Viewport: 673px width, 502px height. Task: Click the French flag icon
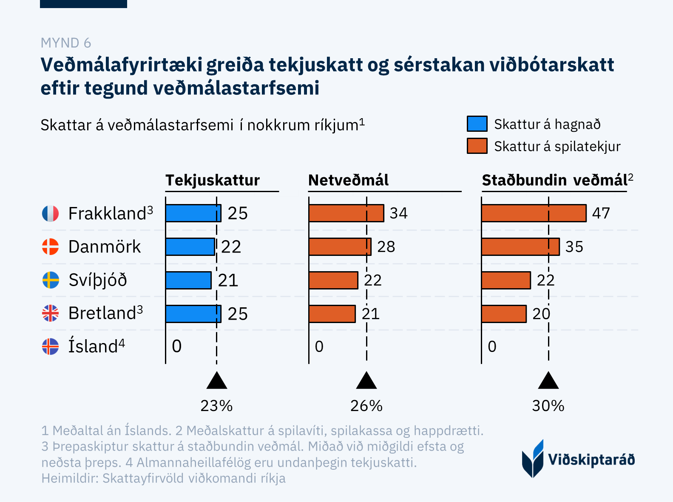coord(50,213)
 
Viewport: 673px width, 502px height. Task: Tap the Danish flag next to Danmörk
coord(50,247)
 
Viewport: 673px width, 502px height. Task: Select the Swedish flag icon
coord(51,280)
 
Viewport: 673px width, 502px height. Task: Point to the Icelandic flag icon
coord(50,346)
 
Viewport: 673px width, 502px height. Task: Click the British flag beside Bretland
coord(50,313)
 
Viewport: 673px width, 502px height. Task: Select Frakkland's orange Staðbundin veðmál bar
coord(534,213)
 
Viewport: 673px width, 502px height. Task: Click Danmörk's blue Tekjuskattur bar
coord(190,247)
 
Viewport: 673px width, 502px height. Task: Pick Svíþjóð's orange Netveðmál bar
coord(333,280)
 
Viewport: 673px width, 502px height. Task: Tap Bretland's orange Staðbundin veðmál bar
coord(504,314)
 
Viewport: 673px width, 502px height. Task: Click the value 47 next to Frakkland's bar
coord(601,213)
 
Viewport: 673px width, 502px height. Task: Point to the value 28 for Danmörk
coord(386,247)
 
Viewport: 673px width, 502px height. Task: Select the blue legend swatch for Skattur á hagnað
coord(477,124)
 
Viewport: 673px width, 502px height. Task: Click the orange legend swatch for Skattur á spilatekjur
coord(477,146)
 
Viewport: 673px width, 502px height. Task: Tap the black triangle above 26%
coord(366,381)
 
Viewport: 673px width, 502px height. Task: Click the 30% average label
coord(548,406)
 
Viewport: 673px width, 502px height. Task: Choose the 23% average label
coord(216,406)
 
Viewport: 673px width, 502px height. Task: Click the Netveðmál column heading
coord(348,180)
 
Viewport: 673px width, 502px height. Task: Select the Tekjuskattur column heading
coord(213,180)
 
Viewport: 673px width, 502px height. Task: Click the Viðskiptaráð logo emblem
coord(533,459)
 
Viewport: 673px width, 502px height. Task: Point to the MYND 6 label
coord(66,43)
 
